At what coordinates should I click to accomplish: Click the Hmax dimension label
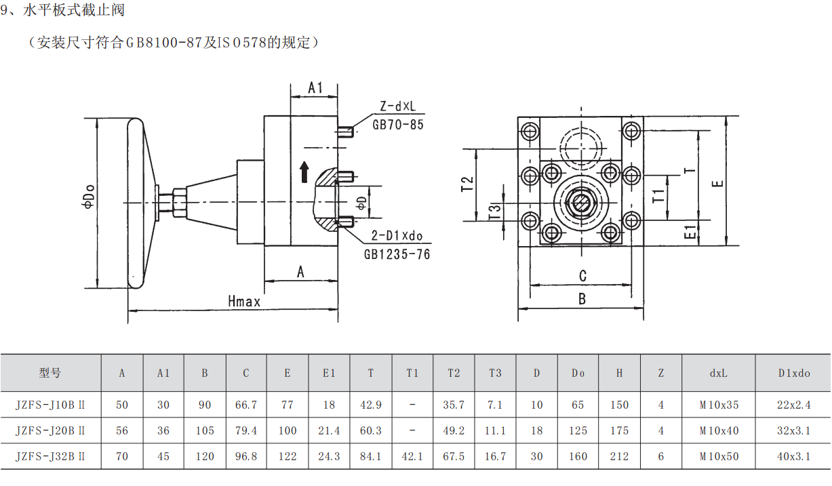tap(244, 302)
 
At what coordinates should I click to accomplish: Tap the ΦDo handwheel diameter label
tap(88, 202)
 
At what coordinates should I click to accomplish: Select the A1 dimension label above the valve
tap(315, 88)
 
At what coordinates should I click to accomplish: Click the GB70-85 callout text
tap(398, 125)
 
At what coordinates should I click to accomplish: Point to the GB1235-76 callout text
tap(397, 254)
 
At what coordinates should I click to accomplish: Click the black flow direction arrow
tap(304, 172)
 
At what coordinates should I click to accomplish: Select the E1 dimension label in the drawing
tap(690, 232)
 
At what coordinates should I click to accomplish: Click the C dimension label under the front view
tap(582, 275)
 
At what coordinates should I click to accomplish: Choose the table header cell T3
tap(495, 373)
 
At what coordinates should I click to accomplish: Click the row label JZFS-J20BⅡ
tap(50, 430)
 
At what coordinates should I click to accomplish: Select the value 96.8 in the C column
tap(246, 456)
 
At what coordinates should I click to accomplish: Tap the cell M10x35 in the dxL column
tap(719, 405)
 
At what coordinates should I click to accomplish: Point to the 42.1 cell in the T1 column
tap(412, 456)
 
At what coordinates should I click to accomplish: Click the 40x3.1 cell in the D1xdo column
tap(793, 456)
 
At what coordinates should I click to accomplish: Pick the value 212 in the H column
tap(619, 456)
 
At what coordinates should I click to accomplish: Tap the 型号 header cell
tap(50, 373)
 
